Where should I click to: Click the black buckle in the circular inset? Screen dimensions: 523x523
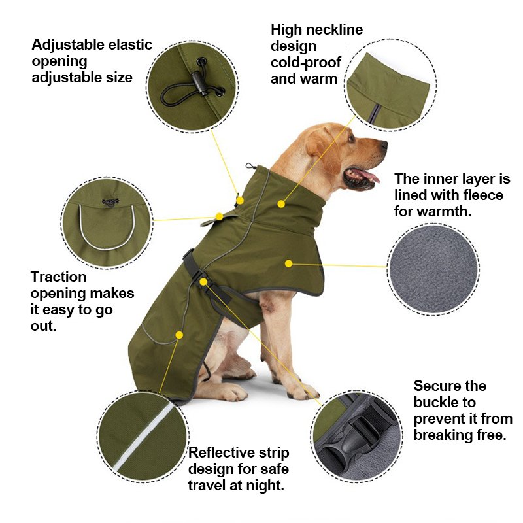point(358,435)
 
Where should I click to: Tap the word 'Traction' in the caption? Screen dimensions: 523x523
point(58,277)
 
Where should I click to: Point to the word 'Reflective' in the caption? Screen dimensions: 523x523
point(220,453)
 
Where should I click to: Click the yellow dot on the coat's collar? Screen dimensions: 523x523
point(280,204)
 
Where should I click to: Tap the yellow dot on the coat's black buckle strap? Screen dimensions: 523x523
point(204,282)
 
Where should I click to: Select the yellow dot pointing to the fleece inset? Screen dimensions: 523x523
point(288,263)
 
